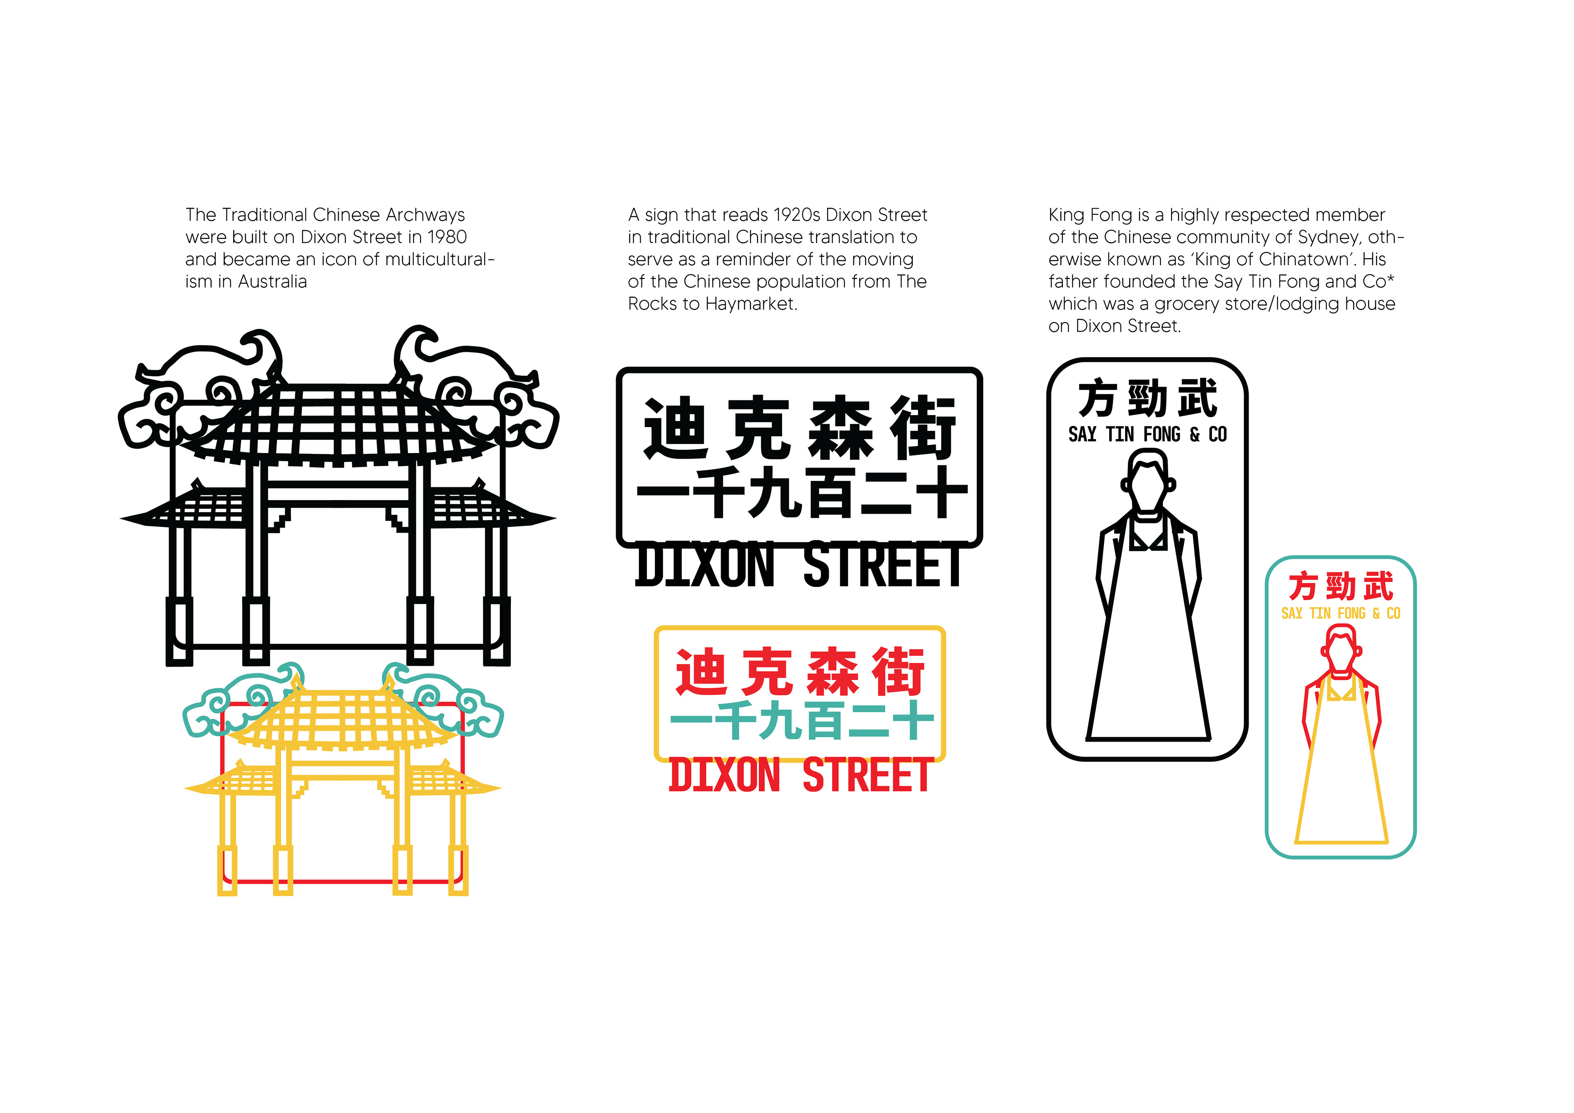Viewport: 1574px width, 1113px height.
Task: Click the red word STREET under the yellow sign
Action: coord(865,776)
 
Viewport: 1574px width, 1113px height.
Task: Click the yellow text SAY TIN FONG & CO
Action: coord(1340,614)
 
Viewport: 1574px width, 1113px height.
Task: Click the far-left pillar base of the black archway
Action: coord(179,631)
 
